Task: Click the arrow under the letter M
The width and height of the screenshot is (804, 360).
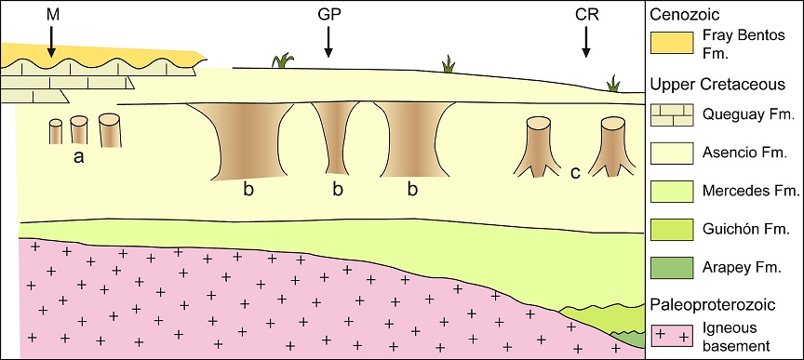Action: [x=52, y=38]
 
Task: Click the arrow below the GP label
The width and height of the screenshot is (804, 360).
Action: [x=328, y=40]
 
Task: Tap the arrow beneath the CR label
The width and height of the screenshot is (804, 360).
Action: [x=586, y=40]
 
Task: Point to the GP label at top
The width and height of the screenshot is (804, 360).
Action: [x=328, y=14]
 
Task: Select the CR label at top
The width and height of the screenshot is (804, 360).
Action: [x=586, y=14]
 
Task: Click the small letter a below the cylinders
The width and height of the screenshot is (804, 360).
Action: [x=79, y=157]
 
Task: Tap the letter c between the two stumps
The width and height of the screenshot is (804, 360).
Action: [x=575, y=172]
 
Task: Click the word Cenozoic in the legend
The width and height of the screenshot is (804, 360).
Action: [x=685, y=14]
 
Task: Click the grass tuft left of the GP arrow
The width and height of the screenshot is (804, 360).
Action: [x=281, y=61]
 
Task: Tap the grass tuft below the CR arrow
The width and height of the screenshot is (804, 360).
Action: [x=614, y=85]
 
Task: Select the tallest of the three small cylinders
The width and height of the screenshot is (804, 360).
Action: [x=110, y=130]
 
